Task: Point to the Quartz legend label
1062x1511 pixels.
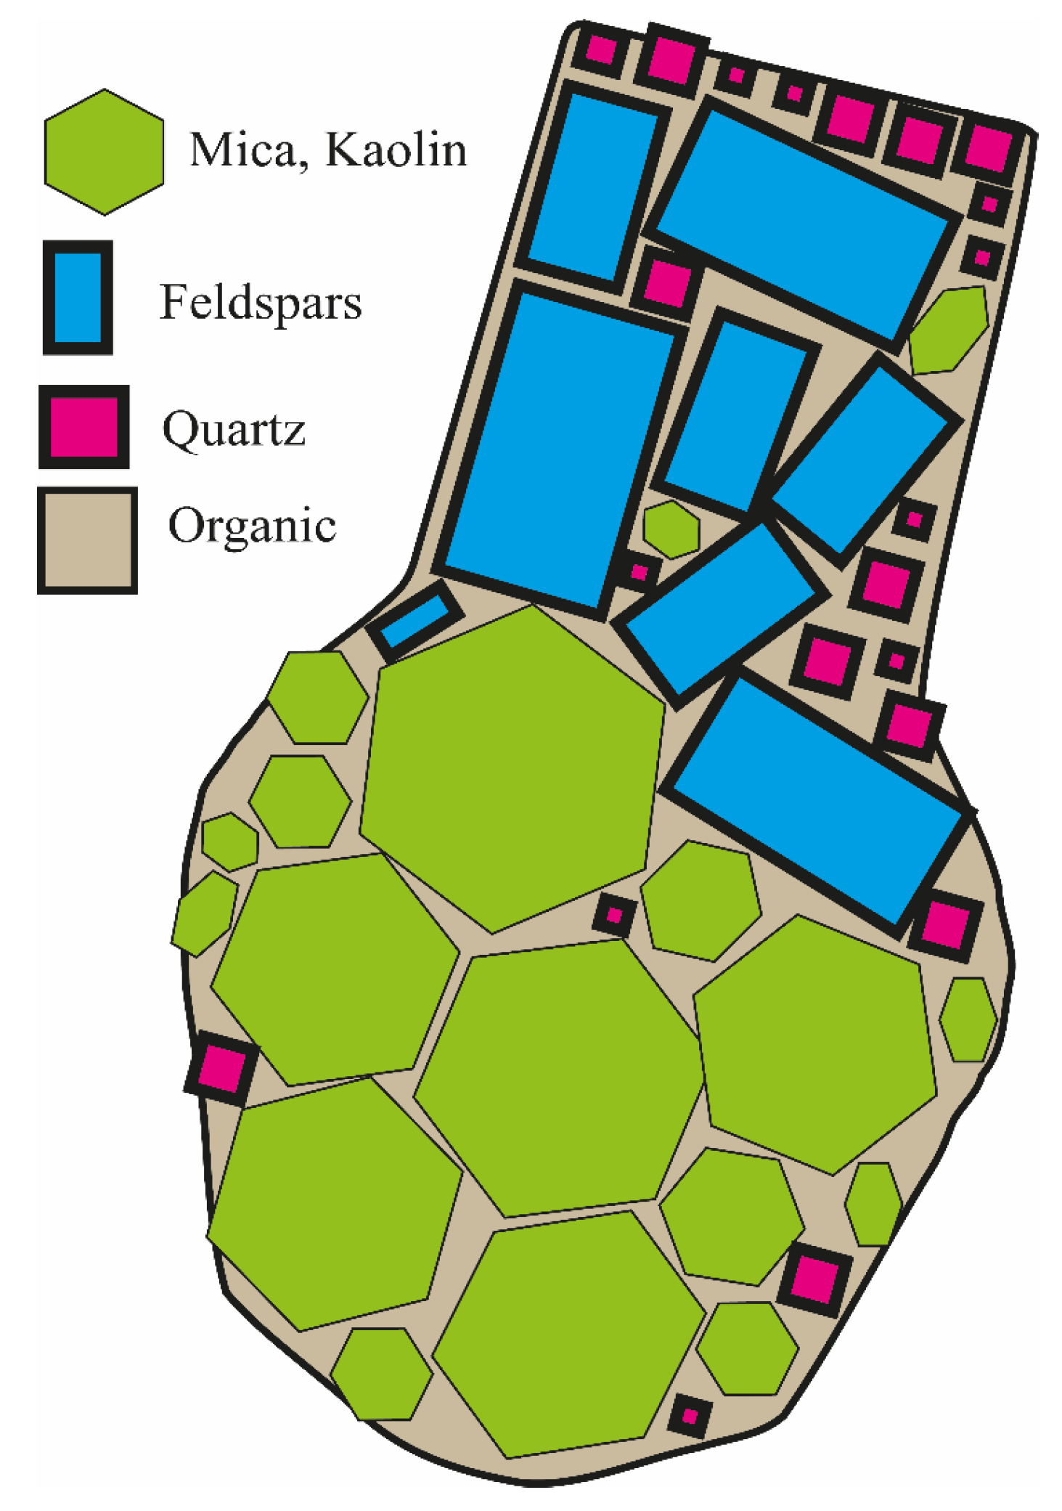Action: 233,429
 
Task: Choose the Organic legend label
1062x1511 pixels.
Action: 252,524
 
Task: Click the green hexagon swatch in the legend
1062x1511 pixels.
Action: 104,152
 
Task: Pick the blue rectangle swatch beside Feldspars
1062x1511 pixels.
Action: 78,297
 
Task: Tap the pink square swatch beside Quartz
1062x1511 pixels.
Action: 83,427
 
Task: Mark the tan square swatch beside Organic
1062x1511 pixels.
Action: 87,540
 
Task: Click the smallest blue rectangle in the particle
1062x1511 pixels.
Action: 414,620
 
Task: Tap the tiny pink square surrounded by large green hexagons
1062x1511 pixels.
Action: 614,915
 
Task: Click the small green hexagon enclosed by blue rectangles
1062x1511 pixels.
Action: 671,529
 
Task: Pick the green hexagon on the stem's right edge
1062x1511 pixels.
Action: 949,329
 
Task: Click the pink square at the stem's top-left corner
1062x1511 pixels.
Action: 600,50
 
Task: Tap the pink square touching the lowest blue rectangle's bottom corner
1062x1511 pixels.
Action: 945,924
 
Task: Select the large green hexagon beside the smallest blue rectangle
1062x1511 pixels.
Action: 512,768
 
